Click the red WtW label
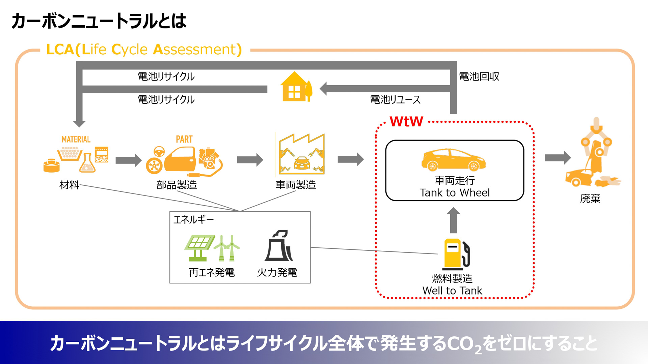coord(406,121)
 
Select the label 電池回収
coord(479,77)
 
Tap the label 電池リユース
coord(395,100)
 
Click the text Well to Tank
coord(452,291)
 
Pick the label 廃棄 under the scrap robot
coord(590,199)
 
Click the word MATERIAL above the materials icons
coord(76,139)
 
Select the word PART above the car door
coord(184,139)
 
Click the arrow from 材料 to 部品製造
coord(128,160)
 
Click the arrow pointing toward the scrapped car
coord(557,157)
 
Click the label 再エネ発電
coord(212,272)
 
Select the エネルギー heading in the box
coord(193,220)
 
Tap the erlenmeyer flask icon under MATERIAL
coord(87,163)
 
